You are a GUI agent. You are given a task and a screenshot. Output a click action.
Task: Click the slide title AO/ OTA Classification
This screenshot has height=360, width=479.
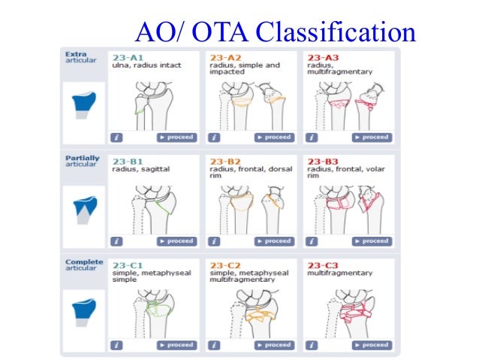(274, 32)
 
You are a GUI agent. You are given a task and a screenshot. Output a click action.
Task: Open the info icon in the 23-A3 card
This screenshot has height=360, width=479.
(312, 138)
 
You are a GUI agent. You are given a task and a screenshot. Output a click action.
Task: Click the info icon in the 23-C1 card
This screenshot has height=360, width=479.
(116, 345)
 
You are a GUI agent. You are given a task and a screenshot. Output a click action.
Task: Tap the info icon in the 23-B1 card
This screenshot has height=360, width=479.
(116, 241)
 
